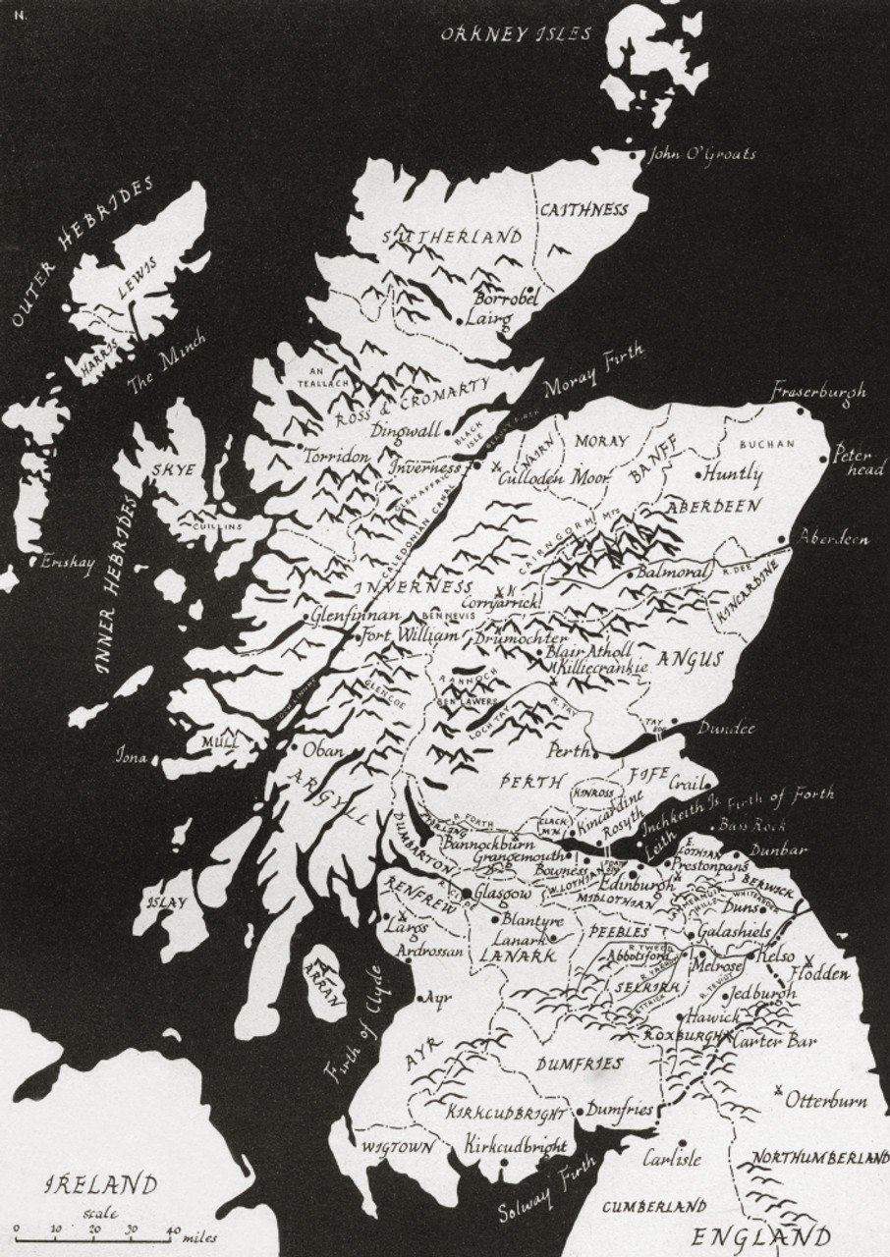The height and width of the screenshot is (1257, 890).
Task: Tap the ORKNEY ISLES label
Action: pyautogui.click(x=516, y=34)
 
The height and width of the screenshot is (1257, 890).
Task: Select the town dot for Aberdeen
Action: pyautogui.click(x=782, y=539)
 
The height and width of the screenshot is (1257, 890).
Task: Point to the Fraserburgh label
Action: pyautogui.click(x=818, y=391)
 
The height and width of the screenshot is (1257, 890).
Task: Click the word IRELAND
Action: pyautogui.click(x=101, y=1184)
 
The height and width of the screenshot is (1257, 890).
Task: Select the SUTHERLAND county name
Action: pyautogui.click(x=452, y=237)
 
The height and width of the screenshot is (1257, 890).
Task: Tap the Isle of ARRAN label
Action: pyautogui.click(x=329, y=986)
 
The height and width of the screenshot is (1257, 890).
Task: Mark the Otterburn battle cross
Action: pyautogui.click(x=778, y=1089)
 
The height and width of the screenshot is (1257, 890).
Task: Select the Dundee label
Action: pyautogui.click(x=726, y=729)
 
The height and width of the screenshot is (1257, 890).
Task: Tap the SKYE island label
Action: pyautogui.click(x=173, y=469)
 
